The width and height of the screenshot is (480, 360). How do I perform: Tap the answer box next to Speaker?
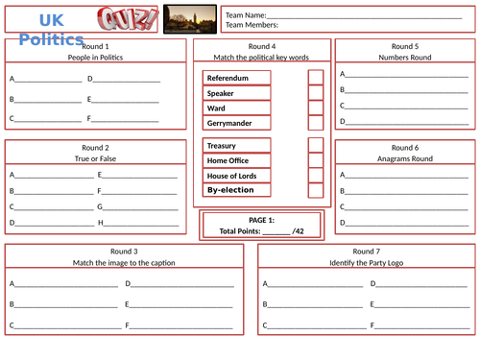click(316, 93)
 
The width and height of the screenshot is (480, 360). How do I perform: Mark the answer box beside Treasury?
click(316, 146)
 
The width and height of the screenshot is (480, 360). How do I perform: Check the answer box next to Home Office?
click(316, 160)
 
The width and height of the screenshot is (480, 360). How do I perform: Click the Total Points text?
click(262, 231)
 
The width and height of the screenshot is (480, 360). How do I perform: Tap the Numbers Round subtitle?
click(405, 58)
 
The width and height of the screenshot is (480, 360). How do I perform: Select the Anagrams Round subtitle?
click(405, 158)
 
